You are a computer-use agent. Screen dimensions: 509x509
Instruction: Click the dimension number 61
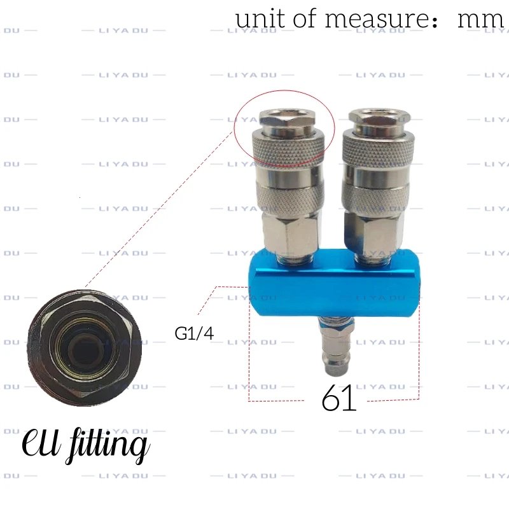(x=339, y=398)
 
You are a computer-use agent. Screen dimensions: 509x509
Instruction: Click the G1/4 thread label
(x=194, y=333)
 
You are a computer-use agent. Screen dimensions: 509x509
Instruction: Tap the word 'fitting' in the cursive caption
(x=108, y=444)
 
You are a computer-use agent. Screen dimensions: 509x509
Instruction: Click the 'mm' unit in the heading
(x=480, y=20)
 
